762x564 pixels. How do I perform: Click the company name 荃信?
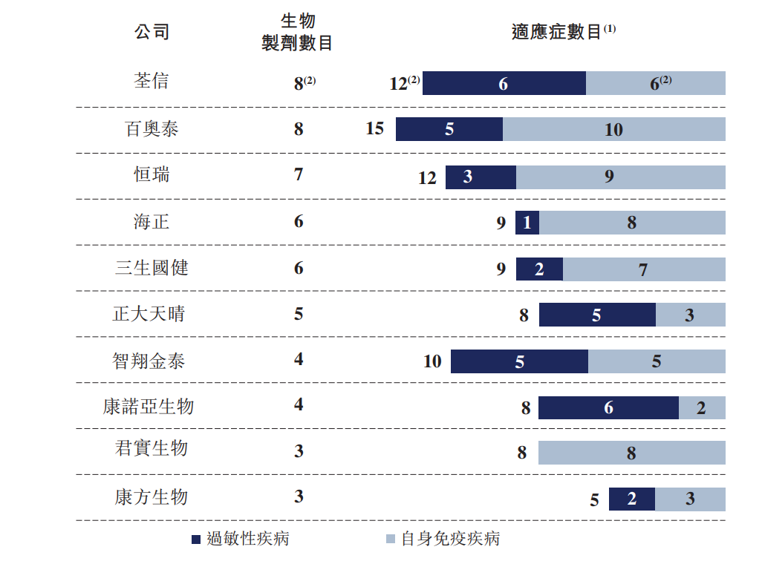(152, 81)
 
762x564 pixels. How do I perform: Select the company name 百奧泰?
(152, 129)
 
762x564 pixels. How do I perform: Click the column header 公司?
(152, 32)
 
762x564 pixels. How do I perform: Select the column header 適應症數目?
(557, 32)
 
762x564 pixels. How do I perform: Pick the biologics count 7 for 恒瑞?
(299, 175)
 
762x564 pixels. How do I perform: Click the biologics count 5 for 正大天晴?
(299, 314)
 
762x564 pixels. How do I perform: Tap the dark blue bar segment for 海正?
(527, 223)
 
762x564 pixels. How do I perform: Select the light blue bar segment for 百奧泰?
(613, 129)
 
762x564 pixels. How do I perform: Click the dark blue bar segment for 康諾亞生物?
(608, 407)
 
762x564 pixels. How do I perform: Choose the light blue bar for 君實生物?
(631, 453)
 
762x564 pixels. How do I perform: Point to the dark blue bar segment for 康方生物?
(631, 499)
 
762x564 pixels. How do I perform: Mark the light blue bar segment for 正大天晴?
(690, 315)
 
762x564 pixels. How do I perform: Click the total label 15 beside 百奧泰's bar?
(375, 128)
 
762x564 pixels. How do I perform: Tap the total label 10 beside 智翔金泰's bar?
(432, 361)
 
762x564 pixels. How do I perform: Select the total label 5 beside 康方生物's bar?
(594, 500)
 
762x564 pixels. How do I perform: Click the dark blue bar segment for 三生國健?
(539, 269)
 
